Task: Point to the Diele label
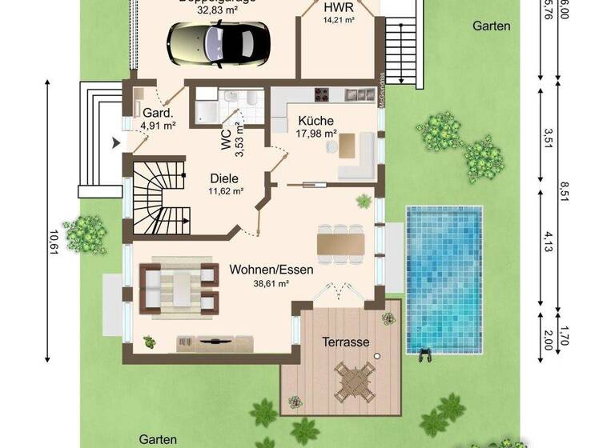[x=225, y=179]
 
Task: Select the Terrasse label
[x=346, y=342]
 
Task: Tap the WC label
[x=226, y=137]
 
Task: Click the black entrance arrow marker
[x=118, y=143]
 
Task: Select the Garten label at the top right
[x=491, y=26]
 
